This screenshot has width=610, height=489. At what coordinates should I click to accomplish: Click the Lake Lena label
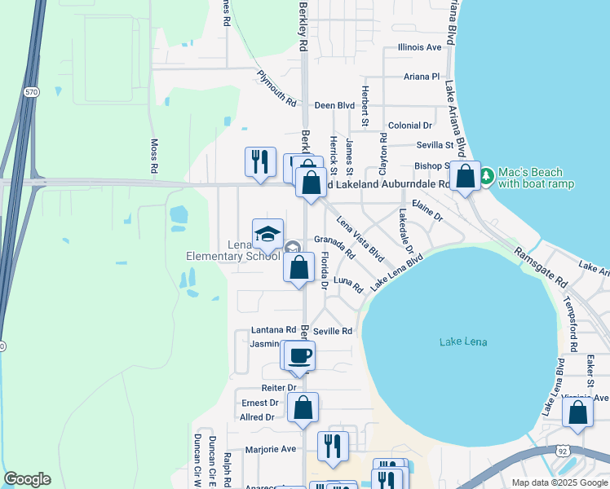(x=462, y=341)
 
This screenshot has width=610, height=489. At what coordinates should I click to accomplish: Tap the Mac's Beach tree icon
(x=487, y=176)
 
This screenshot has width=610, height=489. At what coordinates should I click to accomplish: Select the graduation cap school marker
(x=267, y=235)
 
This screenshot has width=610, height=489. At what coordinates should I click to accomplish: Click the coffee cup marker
(x=299, y=355)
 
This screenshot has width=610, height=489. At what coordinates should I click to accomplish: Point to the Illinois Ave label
(x=419, y=48)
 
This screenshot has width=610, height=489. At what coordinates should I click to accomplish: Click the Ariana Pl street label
(x=422, y=77)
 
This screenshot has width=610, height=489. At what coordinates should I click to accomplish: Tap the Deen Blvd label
(x=334, y=106)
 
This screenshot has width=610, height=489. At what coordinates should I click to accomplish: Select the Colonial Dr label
(x=410, y=126)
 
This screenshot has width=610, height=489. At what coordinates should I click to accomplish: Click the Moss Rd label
(x=154, y=156)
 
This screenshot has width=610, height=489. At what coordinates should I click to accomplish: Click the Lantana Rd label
(x=273, y=330)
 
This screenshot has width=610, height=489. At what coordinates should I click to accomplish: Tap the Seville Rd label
(x=333, y=331)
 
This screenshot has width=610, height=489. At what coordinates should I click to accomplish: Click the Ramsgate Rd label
(x=542, y=267)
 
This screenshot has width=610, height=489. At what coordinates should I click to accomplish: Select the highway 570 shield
(x=31, y=92)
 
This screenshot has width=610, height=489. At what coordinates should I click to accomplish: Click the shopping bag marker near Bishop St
(x=465, y=176)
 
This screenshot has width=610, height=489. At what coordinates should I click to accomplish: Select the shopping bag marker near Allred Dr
(x=303, y=407)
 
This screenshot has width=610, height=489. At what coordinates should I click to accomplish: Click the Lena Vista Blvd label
(x=360, y=242)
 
